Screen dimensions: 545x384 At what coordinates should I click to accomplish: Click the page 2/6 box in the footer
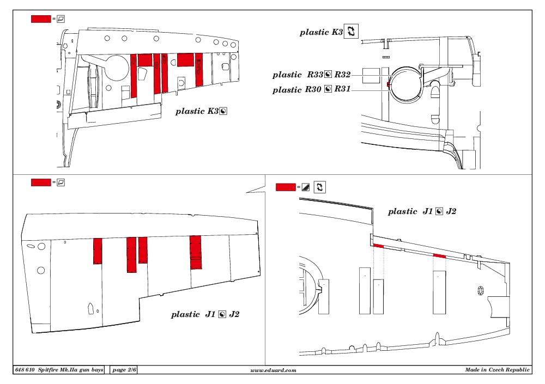(124, 370)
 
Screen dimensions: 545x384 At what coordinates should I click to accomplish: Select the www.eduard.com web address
(273, 370)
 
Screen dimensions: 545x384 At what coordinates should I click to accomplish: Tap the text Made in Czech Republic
(498, 370)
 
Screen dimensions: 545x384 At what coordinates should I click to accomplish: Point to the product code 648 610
(25, 370)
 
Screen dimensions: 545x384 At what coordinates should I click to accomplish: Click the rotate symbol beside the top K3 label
(351, 31)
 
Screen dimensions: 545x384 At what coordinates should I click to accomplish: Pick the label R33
(315, 75)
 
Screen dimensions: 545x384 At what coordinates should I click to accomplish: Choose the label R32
(342, 75)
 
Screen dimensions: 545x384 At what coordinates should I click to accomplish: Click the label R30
(313, 89)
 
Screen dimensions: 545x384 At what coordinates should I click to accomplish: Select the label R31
(342, 89)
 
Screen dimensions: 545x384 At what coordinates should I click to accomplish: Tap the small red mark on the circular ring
(389, 85)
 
